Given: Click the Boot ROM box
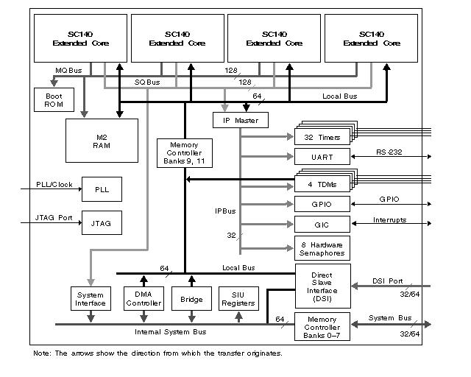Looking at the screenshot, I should pos(49,100).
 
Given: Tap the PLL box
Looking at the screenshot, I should pos(102,189).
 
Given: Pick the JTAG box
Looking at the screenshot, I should pos(102,222).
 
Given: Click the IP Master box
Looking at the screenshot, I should pos(240,120).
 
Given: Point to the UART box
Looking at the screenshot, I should pos(322,156).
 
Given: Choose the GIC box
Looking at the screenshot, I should pos(322,225).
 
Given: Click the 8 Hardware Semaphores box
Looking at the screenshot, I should pos(322,248).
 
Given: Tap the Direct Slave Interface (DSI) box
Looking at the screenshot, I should pos(322,285).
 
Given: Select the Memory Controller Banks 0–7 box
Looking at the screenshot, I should pos(322,326).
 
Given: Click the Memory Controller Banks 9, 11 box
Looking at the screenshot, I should pos(183,153).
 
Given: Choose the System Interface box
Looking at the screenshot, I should pos(91,299).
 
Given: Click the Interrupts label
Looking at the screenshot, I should pos(389,219).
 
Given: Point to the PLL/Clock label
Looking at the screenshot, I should pos(54,185).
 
